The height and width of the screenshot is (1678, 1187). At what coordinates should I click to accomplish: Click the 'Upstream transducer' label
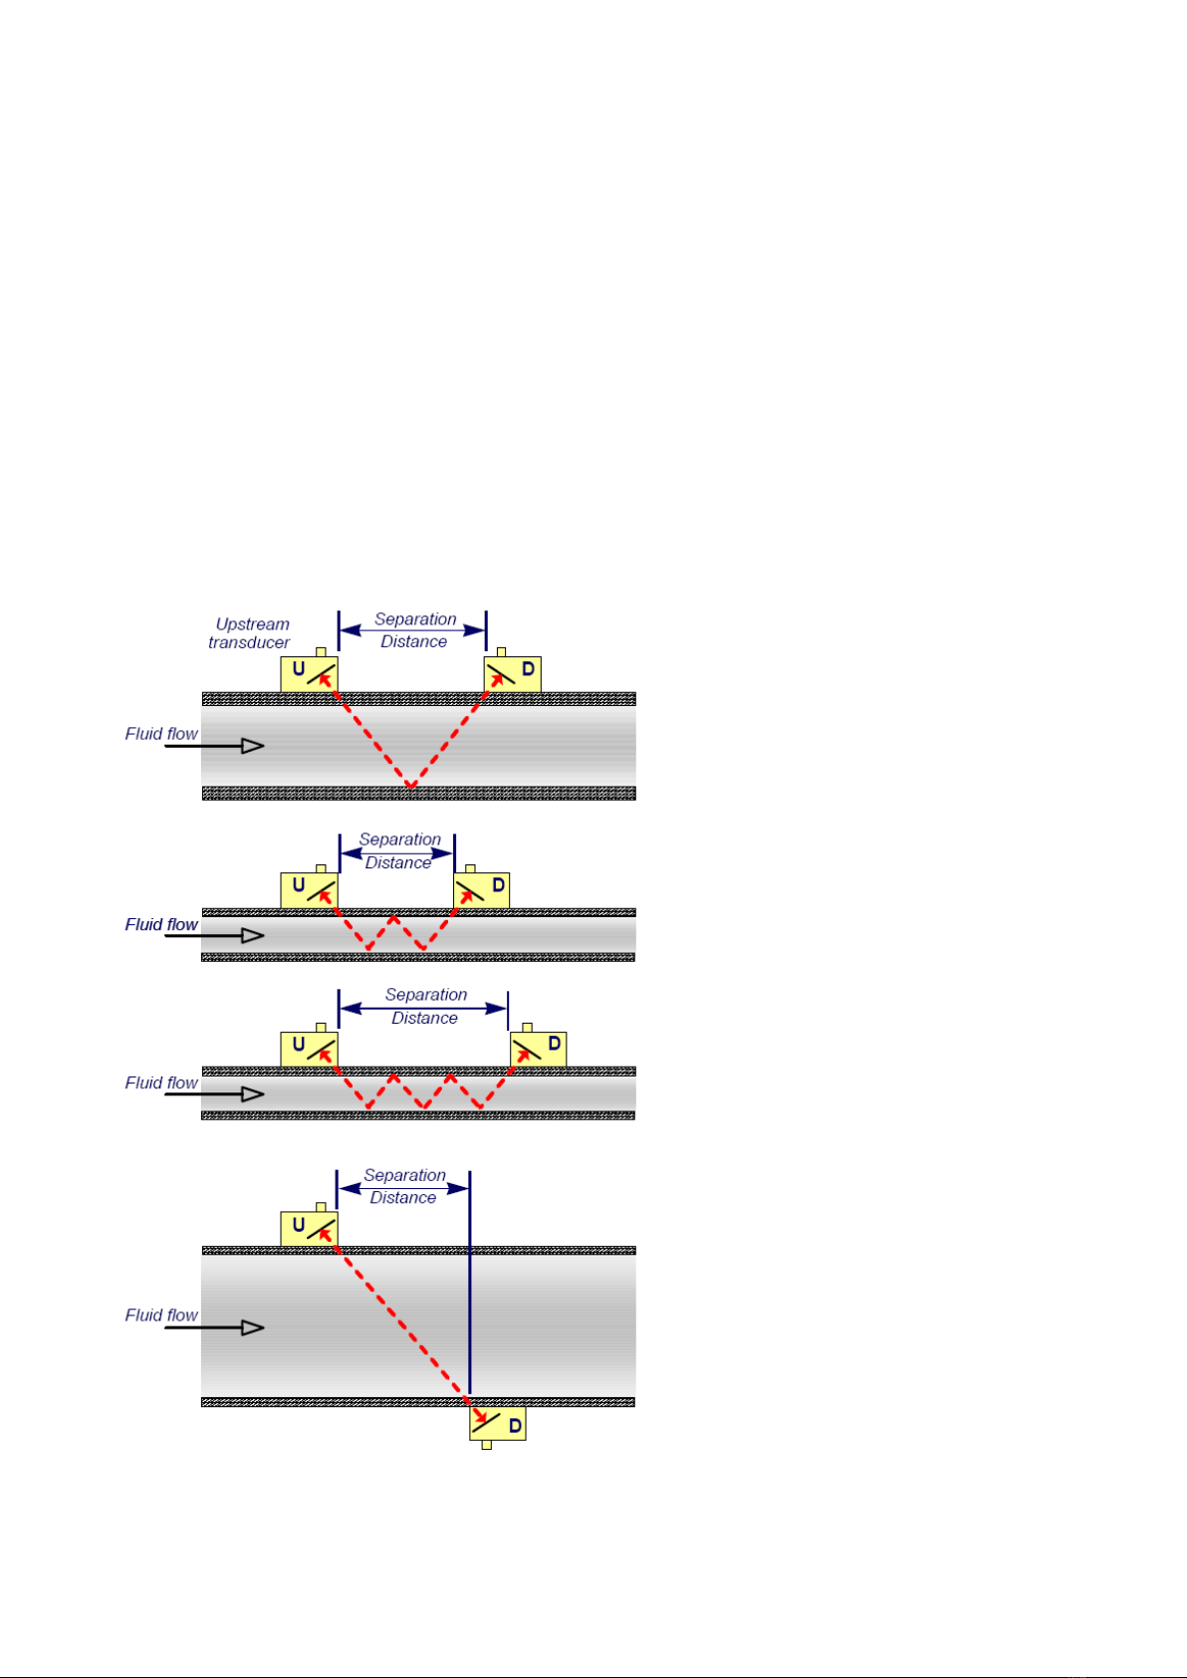tap(249, 633)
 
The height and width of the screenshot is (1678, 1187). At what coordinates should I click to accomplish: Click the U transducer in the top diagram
tap(310, 673)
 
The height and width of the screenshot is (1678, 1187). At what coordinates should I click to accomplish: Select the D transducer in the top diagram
tap(512, 673)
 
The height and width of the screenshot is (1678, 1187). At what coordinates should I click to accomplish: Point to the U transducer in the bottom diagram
tap(310, 1229)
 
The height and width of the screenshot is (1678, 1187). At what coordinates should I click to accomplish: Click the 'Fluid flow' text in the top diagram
tap(161, 733)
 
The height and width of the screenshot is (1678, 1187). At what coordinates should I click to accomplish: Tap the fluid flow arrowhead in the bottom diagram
tap(253, 1327)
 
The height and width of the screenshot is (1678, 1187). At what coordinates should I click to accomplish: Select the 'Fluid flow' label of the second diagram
tap(161, 924)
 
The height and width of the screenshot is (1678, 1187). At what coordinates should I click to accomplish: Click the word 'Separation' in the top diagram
tap(415, 619)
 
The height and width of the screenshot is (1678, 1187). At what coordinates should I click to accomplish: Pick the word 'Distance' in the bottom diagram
tap(403, 1197)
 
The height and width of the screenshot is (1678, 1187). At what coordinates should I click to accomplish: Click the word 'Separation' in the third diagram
tap(426, 995)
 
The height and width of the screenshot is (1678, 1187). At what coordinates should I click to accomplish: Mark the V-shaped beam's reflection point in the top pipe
tap(411, 786)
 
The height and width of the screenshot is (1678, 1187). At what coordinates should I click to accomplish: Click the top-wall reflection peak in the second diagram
tap(394, 917)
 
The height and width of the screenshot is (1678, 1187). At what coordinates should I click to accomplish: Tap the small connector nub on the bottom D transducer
tap(487, 1444)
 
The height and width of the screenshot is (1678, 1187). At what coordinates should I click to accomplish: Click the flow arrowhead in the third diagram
tap(253, 1093)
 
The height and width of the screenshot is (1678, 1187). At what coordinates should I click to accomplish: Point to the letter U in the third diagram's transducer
tap(298, 1044)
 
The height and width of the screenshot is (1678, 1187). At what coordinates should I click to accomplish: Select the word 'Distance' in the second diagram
tap(398, 863)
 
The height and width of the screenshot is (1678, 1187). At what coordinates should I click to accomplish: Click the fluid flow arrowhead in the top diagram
tap(253, 745)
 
